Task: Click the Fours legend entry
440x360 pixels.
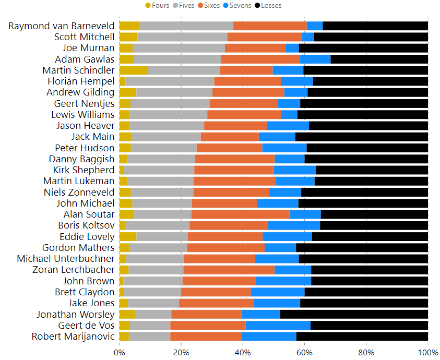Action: point(157,5)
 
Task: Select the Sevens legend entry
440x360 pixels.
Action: point(237,5)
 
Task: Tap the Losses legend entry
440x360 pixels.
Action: point(268,5)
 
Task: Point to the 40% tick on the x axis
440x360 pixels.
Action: point(243,352)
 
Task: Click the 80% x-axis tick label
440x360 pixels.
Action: point(366,352)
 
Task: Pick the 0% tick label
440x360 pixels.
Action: point(119,352)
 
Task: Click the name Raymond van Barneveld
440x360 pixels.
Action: point(62,26)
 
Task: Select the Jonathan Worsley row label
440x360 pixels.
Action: point(76,315)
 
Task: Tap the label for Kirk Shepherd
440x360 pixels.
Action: point(84,170)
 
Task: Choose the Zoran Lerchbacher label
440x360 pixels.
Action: point(74,270)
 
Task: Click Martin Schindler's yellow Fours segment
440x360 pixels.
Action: point(134,70)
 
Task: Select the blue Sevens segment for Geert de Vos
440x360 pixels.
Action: point(278,325)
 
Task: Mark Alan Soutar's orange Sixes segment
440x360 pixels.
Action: point(241,214)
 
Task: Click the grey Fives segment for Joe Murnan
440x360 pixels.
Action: point(179,48)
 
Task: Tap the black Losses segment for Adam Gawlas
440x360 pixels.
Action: point(379,59)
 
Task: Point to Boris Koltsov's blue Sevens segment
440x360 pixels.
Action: point(294,225)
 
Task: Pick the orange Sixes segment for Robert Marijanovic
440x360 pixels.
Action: point(206,336)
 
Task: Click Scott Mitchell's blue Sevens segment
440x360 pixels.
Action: point(308,37)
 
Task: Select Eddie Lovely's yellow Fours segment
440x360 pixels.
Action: point(128,236)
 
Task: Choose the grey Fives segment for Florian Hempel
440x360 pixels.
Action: point(170,81)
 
